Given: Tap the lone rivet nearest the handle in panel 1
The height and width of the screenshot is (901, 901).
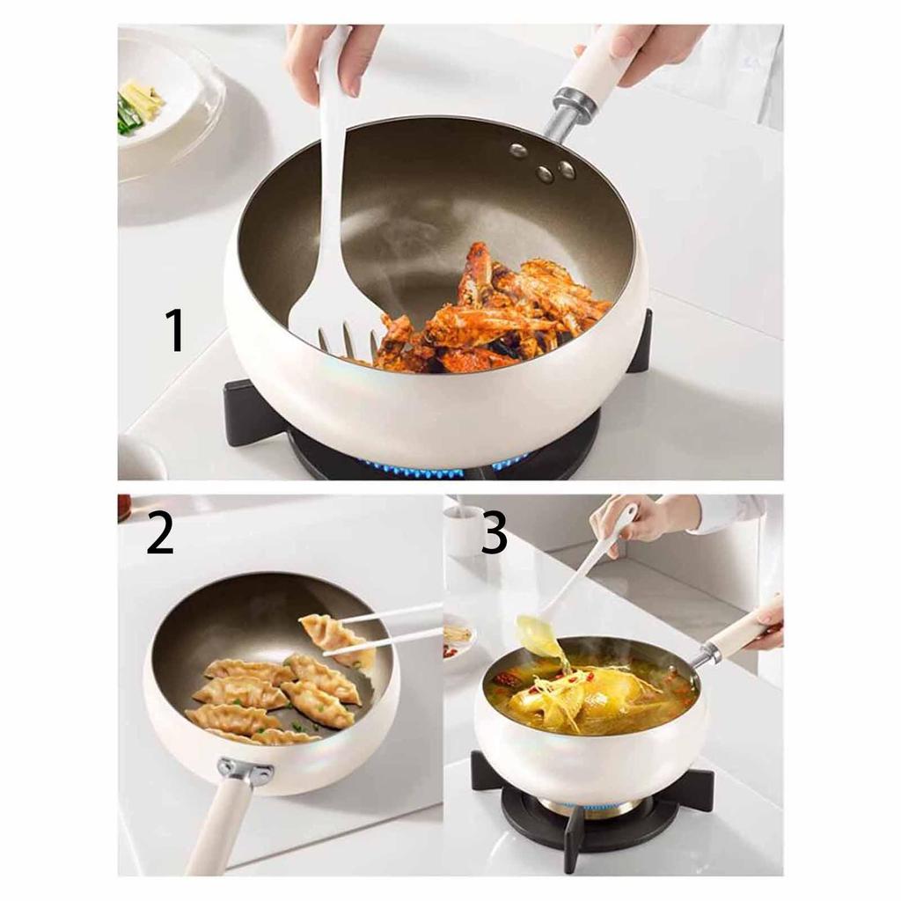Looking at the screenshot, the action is pos(519,150).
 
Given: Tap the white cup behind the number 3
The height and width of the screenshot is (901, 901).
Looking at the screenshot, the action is pos(463,531).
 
